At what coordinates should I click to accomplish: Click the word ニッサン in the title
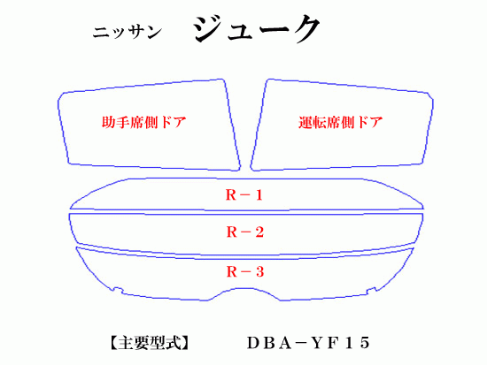(128, 32)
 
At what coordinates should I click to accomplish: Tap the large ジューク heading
(257, 28)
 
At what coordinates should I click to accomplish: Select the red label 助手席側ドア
(143, 122)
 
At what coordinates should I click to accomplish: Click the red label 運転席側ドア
(340, 122)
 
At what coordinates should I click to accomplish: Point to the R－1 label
(244, 195)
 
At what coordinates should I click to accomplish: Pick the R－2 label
(244, 232)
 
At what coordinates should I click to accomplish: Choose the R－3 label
(244, 271)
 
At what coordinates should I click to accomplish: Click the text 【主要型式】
(150, 343)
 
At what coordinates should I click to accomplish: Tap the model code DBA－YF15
(308, 343)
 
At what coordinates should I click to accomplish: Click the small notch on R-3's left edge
(118, 290)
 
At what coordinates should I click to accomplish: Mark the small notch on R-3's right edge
(372, 290)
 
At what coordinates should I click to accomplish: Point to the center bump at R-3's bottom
(244, 289)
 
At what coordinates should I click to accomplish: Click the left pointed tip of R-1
(71, 208)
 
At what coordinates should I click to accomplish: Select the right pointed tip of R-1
(422, 208)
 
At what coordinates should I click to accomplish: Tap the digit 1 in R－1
(259, 195)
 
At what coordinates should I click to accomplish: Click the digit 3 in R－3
(259, 271)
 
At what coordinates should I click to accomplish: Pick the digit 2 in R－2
(259, 232)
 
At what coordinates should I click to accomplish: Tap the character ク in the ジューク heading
(304, 28)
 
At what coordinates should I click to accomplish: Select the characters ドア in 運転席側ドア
(369, 122)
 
